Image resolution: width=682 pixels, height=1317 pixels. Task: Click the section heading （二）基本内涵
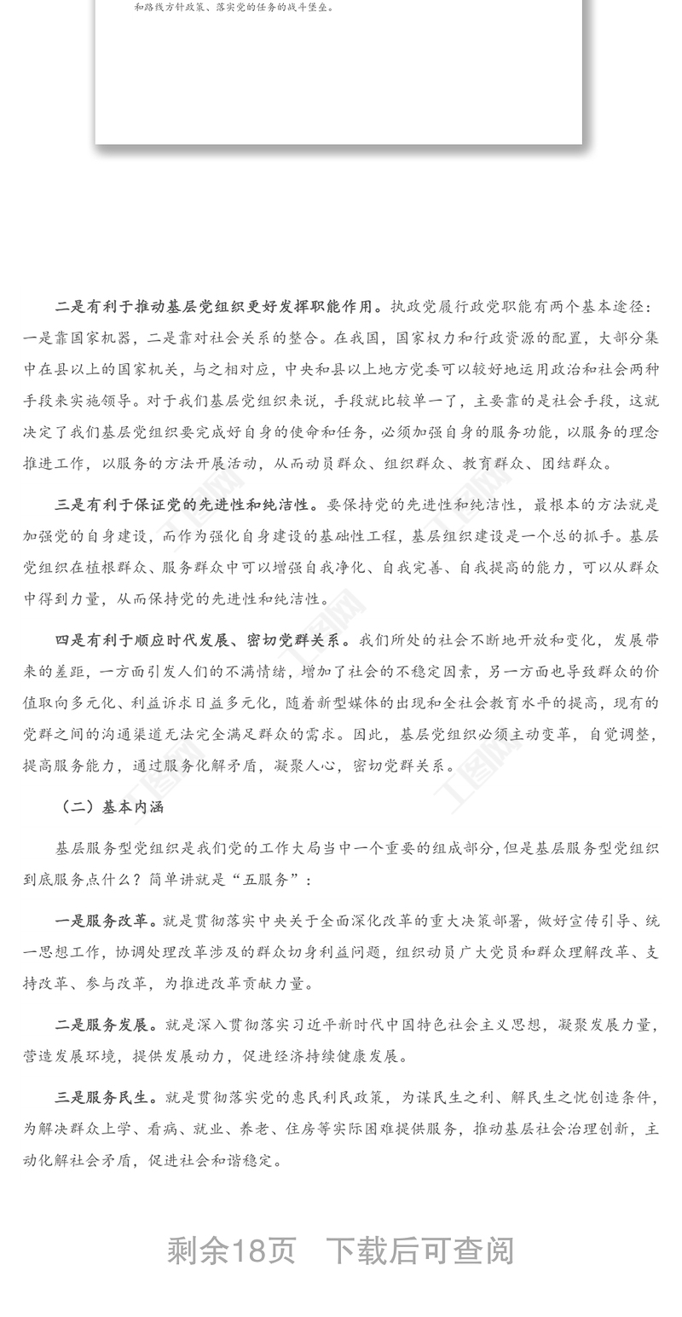pos(110,806)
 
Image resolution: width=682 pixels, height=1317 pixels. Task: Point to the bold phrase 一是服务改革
pos(101,921)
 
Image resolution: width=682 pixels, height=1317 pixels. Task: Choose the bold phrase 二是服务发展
pos(101,1025)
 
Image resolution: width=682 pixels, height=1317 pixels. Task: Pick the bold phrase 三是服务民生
pos(101,1097)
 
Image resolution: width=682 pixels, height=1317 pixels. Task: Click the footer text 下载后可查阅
pos(420,1251)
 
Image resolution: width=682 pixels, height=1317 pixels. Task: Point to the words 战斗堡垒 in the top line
pos(314,8)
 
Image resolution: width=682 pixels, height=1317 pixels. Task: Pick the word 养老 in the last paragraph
pos(286,1129)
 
